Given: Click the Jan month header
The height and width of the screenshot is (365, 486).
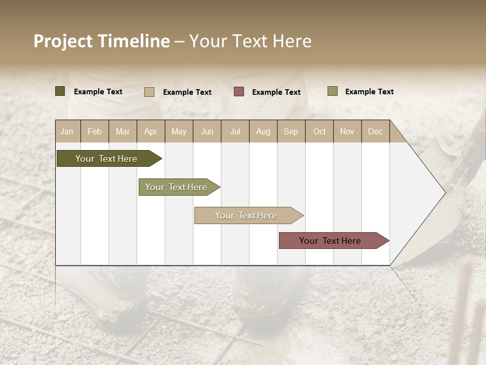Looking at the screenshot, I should (67, 131).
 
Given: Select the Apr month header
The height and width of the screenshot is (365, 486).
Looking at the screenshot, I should (151, 131).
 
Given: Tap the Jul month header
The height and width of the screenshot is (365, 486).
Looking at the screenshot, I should (235, 131).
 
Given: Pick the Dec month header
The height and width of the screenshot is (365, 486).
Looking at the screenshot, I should (375, 131).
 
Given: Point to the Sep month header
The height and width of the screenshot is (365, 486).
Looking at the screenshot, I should (291, 131).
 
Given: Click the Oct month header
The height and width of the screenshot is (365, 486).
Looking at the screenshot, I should (319, 131).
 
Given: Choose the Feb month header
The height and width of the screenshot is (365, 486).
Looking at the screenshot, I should (95, 131).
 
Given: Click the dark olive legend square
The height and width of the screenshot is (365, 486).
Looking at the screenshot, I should (60, 91).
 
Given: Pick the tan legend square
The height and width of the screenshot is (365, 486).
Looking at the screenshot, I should (149, 92).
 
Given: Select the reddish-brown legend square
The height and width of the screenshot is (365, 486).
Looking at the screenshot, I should (239, 91).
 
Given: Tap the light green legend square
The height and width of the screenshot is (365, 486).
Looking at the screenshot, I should (333, 91).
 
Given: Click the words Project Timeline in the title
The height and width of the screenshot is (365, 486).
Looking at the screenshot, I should (101, 41).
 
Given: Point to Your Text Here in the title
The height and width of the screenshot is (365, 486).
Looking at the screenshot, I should (251, 41).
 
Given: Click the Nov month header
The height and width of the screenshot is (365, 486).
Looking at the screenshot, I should (347, 131).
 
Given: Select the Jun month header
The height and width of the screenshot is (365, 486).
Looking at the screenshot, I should (207, 131).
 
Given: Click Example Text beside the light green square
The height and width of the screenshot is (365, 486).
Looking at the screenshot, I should (370, 92).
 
